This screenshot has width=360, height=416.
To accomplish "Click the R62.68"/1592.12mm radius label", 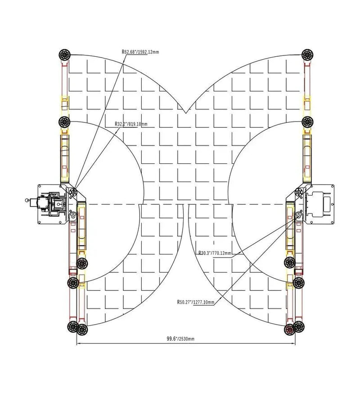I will click(140, 52).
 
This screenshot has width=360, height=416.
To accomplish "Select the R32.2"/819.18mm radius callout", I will click(130, 124).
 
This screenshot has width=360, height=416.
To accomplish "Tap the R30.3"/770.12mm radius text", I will click(214, 253).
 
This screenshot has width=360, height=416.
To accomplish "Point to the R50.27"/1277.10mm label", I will click(196, 302).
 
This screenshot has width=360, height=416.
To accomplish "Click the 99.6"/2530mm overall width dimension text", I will click(179, 339).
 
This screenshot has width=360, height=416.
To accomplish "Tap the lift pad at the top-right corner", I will click(308, 54).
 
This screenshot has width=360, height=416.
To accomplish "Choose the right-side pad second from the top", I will click(308, 121).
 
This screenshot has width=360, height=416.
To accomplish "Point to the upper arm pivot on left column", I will click(72, 192).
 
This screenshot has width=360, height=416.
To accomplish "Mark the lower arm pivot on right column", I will click(298, 217).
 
